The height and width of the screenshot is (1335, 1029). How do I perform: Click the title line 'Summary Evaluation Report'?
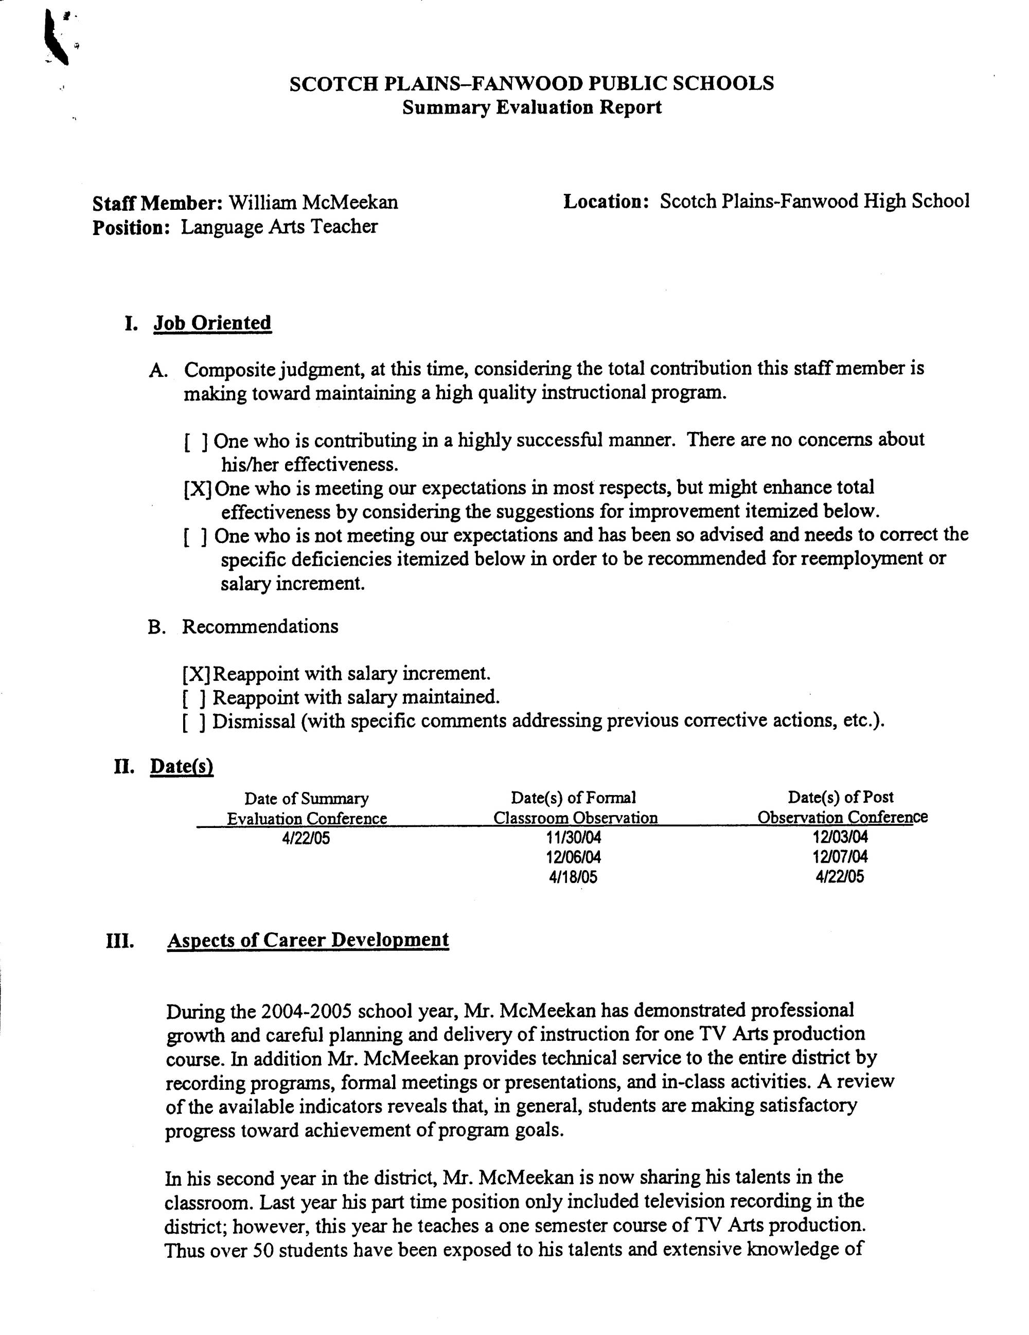531,107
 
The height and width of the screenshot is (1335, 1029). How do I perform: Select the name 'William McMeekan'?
313,202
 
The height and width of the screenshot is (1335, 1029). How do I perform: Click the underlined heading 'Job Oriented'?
212,323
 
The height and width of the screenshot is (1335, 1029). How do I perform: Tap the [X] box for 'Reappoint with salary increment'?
196,674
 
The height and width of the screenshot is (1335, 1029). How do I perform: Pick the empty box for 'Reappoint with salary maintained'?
195,698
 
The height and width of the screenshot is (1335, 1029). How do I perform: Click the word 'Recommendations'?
260,626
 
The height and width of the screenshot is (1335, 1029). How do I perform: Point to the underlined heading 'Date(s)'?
182,767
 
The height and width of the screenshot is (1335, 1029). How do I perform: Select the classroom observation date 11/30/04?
574,837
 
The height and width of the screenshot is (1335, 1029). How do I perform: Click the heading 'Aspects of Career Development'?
308,940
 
